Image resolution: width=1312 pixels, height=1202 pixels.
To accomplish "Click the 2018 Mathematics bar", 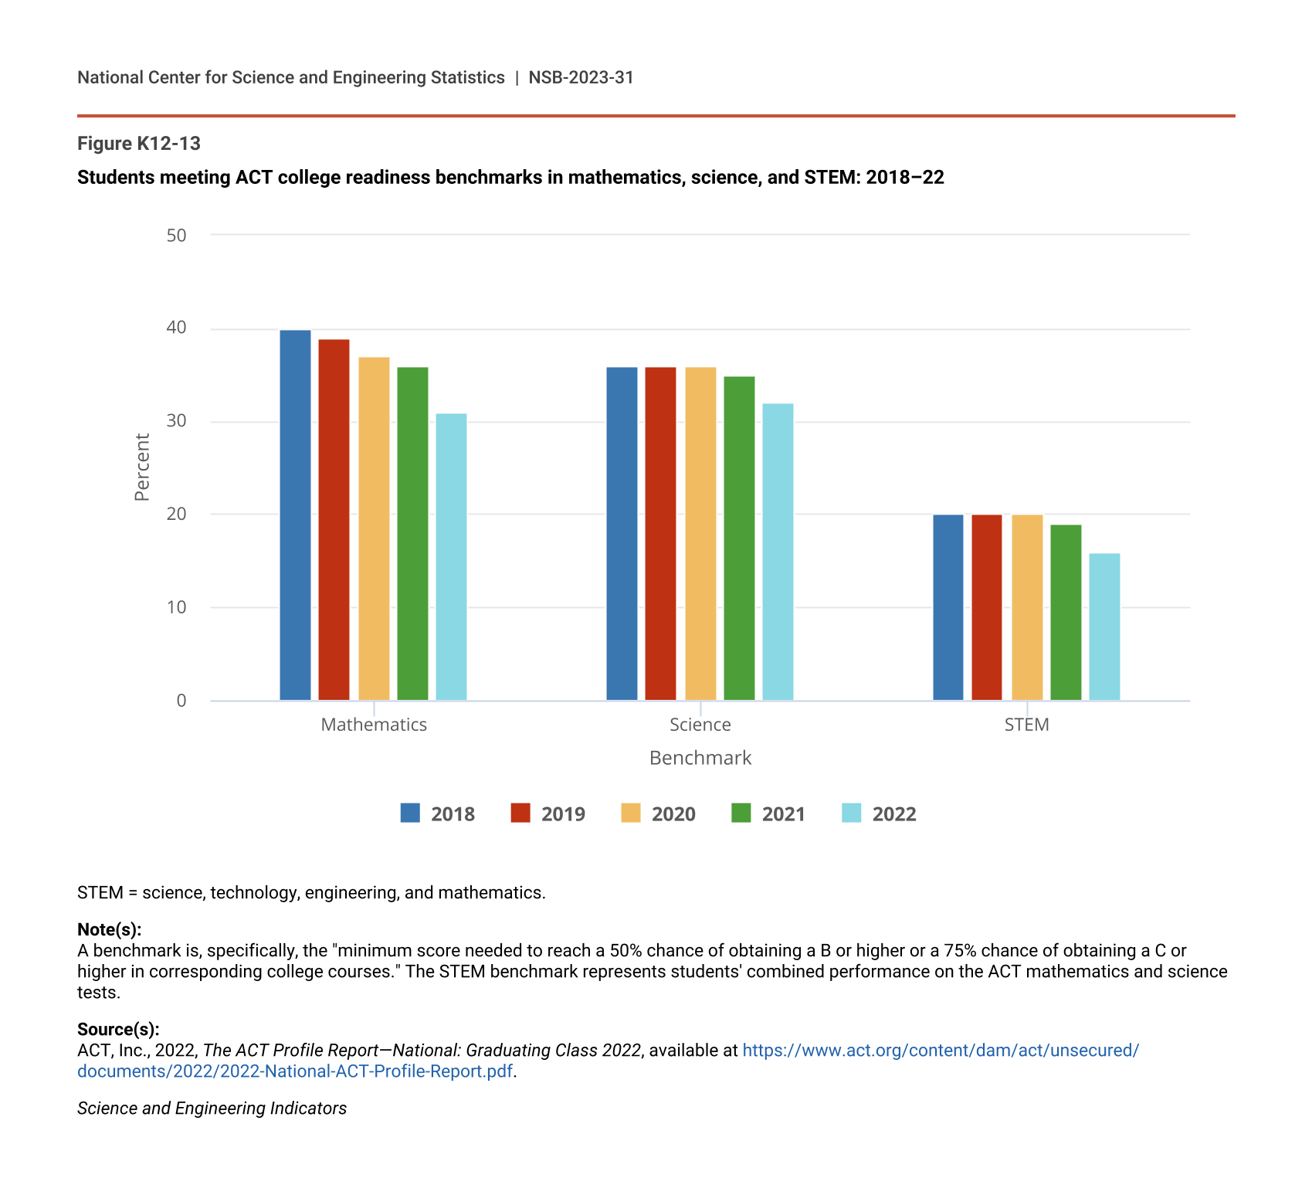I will (295, 515).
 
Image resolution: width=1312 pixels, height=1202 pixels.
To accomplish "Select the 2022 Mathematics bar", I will (451, 557).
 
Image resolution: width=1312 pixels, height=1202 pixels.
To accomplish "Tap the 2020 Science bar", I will (700, 534).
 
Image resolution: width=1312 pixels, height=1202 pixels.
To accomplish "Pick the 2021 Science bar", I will (739, 538).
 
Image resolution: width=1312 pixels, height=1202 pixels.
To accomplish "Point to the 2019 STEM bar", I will (987, 607).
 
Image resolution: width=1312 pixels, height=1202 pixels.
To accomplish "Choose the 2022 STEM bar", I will (1104, 626).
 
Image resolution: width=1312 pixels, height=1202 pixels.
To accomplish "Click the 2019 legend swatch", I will (520, 813).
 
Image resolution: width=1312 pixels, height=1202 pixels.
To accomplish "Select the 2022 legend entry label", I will (894, 814).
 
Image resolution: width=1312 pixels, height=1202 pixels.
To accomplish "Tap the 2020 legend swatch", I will (631, 813).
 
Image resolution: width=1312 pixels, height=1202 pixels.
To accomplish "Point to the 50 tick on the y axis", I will (177, 236).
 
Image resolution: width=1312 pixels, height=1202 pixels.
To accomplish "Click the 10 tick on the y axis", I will (177, 607).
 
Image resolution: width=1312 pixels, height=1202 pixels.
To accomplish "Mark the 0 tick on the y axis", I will (181, 701).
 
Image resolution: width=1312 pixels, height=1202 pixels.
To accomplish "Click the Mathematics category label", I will (374, 725).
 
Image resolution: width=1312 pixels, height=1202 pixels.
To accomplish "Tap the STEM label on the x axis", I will (1026, 725).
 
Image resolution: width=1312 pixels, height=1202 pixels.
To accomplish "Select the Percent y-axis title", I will (142, 467).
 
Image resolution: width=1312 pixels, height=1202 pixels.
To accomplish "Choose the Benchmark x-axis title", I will (700, 758).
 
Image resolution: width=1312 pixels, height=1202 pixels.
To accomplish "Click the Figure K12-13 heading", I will (139, 144).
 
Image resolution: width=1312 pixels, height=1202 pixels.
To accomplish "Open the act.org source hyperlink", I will (940, 1051).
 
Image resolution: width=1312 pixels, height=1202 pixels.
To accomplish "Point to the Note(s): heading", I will (109, 929).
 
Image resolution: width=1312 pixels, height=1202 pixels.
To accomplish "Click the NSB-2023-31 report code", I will (581, 77).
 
